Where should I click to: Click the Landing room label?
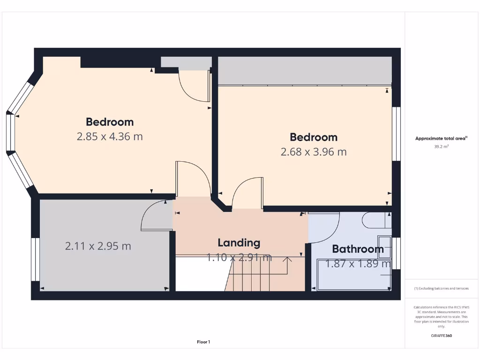(239, 243)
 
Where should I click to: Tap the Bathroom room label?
(358, 249)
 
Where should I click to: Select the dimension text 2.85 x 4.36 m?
(110, 137)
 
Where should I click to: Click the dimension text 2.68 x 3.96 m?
(314, 152)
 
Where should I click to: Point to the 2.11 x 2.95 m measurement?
(98, 246)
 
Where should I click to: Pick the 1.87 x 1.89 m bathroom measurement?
(358, 264)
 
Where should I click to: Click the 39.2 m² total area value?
(441, 146)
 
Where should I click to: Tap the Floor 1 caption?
(203, 342)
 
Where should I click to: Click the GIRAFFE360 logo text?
(441, 336)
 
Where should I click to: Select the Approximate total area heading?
(441, 138)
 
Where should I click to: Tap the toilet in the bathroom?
(375, 220)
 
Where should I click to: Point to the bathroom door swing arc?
(328, 230)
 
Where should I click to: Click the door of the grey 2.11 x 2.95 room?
(155, 218)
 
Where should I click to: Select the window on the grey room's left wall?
(35, 259)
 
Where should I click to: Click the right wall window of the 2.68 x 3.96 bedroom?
(397, 134)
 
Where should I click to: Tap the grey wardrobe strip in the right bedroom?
(305, 70)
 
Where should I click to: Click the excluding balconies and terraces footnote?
(441, 288)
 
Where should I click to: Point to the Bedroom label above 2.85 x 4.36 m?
(110, 122)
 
